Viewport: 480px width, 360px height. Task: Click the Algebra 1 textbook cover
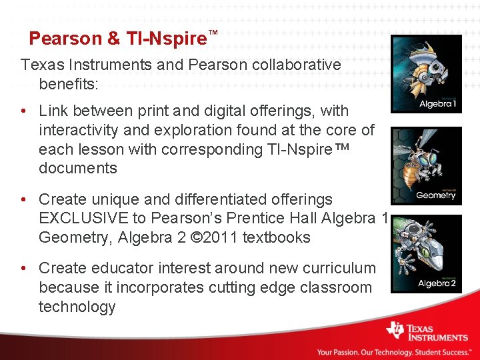426,74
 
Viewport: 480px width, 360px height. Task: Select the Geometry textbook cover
426,166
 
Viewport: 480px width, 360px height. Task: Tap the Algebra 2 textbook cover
426,254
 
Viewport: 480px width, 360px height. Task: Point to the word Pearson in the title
65,39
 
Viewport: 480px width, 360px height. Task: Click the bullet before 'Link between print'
24,111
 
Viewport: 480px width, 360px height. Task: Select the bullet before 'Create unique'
24,199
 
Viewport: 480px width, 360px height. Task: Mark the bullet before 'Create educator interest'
24,268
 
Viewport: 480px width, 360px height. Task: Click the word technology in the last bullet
77,307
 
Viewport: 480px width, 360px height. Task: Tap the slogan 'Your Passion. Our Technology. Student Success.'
393,352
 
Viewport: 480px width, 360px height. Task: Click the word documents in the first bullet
77,168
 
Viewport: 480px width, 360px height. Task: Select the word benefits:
69,85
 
